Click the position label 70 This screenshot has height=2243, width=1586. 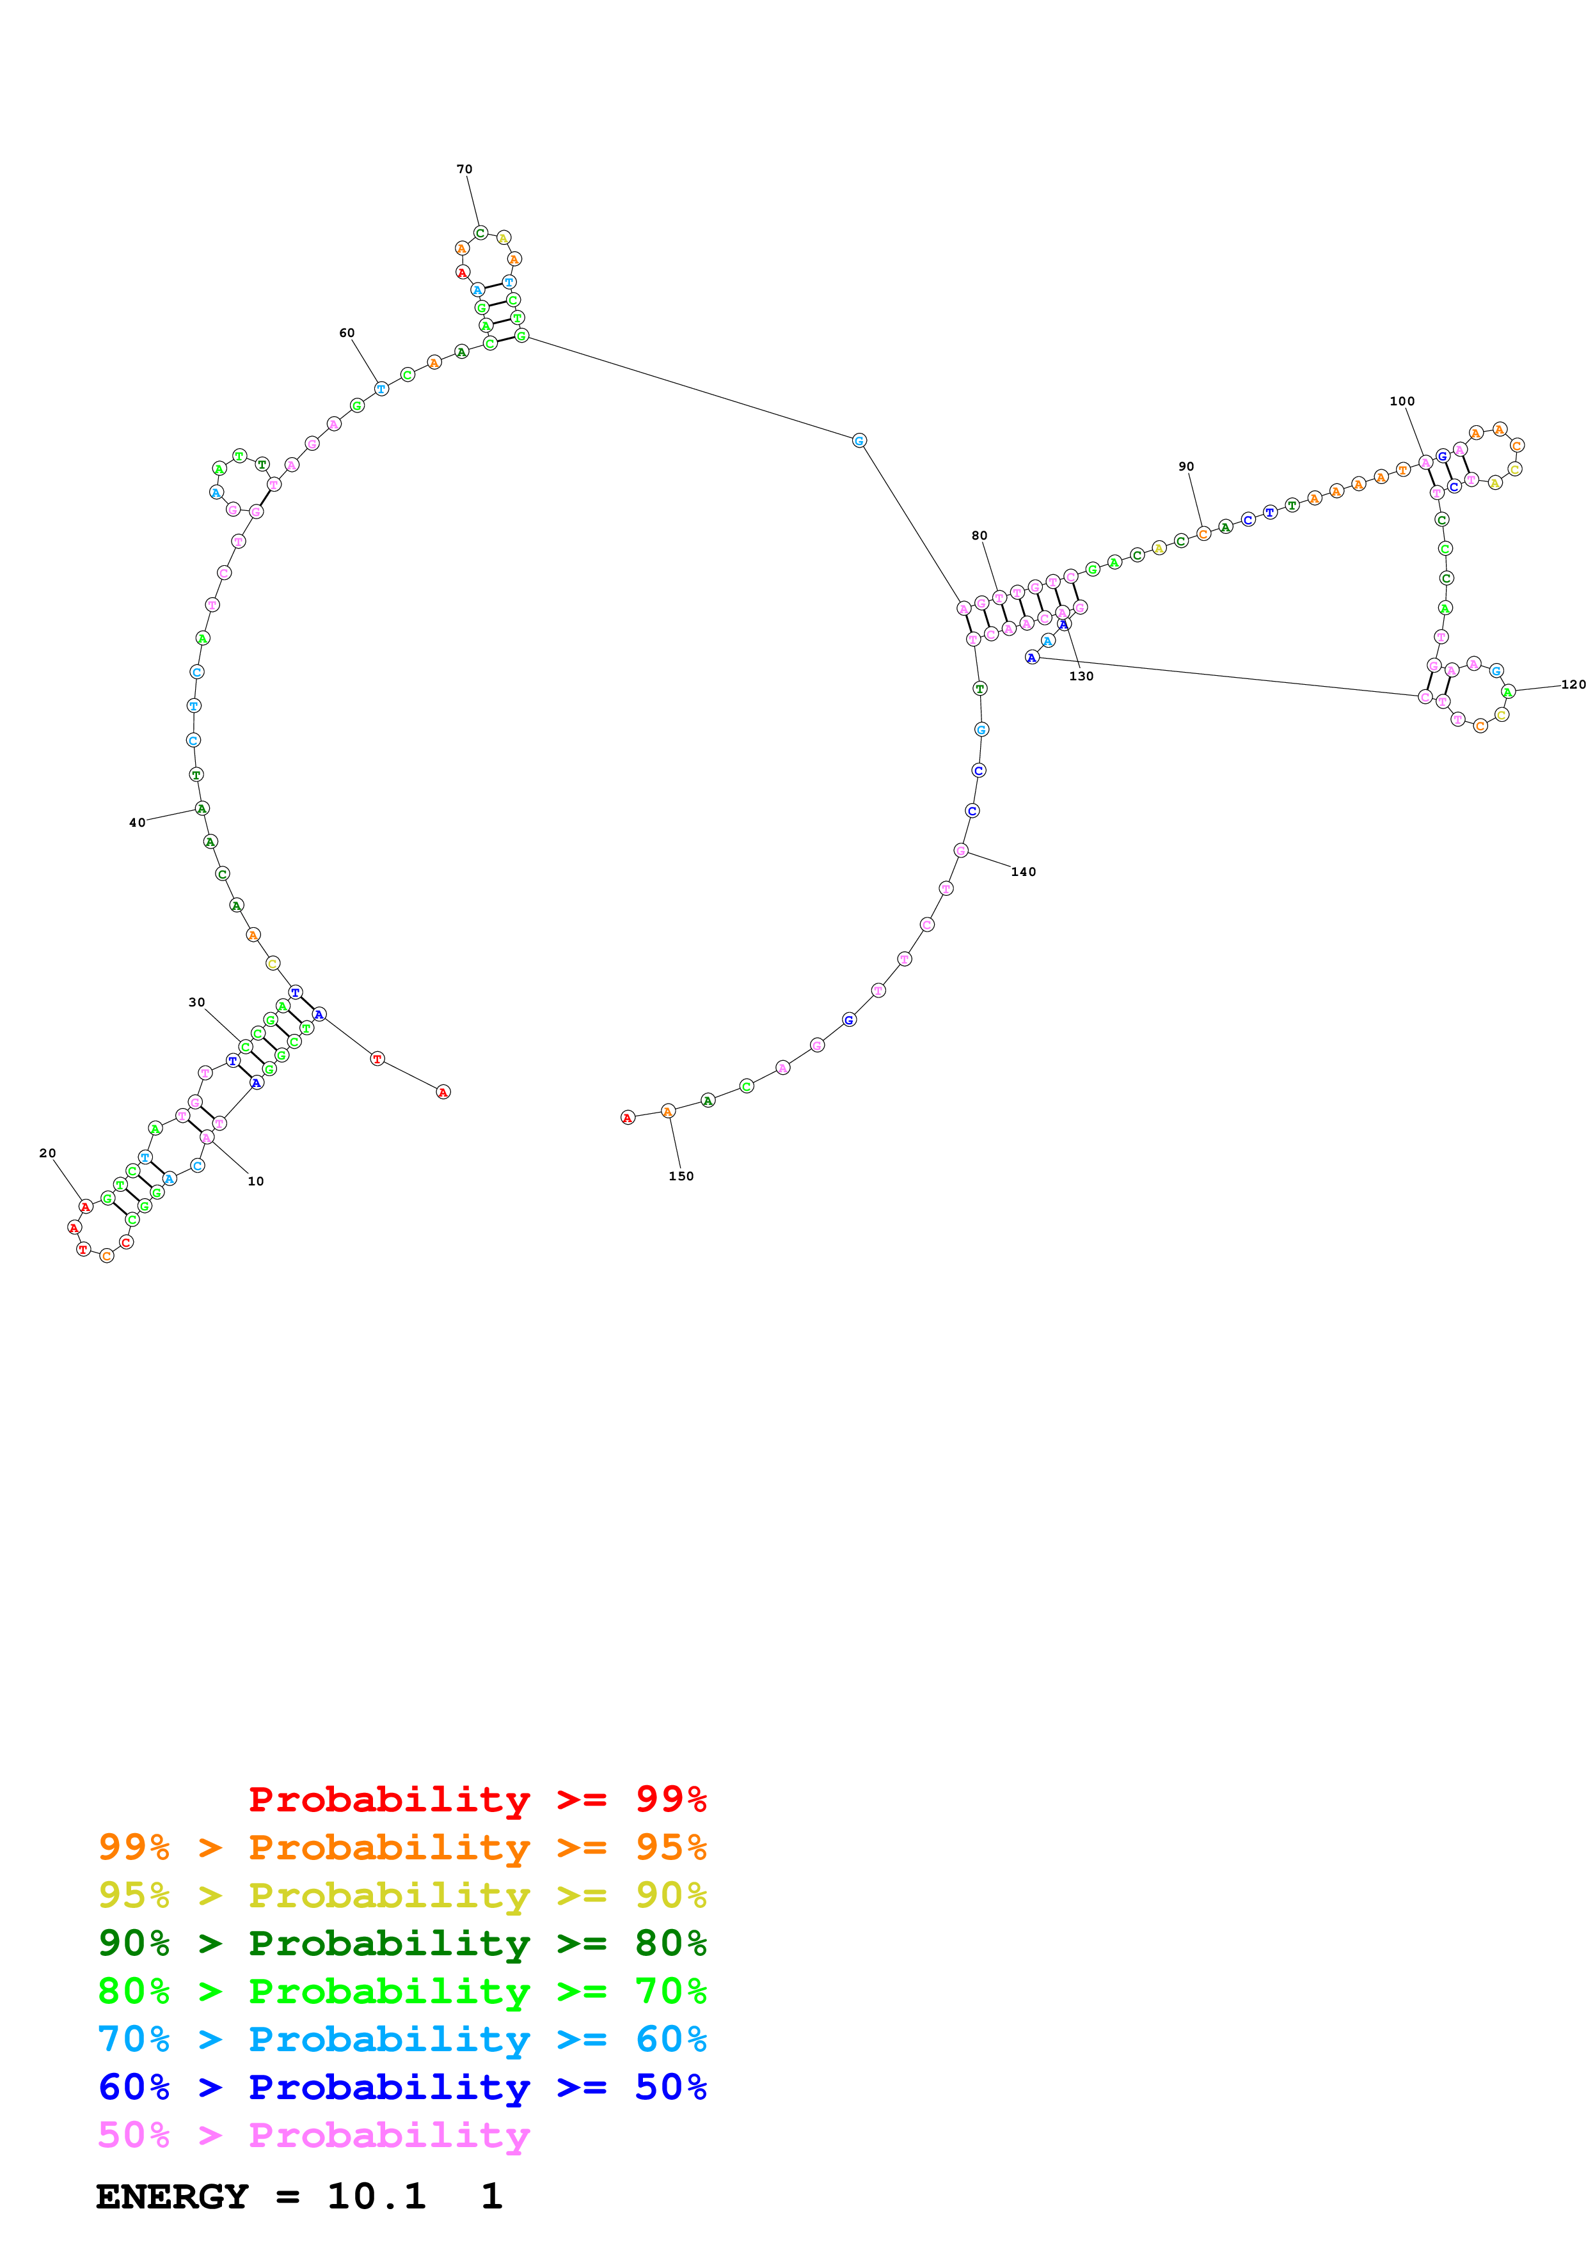(x=464, y=169)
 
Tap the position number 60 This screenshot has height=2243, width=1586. (x=347, y=333)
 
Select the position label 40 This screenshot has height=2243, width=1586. (x=137, y=822)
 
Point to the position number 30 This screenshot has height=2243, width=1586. (x=196, y=1003)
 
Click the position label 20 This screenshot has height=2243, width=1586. (x=47, y=1153)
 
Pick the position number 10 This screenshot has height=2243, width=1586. (x=255, y=1181)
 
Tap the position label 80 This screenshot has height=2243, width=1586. (x=979, y=535)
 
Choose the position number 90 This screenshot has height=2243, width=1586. (x=1186, y=466)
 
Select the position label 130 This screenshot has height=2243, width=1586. (x=1081, y=676)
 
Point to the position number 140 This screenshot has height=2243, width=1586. (x=1023, y=871)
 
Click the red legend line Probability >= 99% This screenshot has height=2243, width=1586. (x=477, y=1799)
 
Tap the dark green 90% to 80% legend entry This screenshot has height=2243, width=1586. (x=402, y=1943)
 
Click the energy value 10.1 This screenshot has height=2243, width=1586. (x=376, y=2196)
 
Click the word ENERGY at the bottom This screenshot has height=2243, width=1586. (x=172, y=2196)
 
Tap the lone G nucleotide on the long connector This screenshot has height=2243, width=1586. (x=859, y=441)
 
